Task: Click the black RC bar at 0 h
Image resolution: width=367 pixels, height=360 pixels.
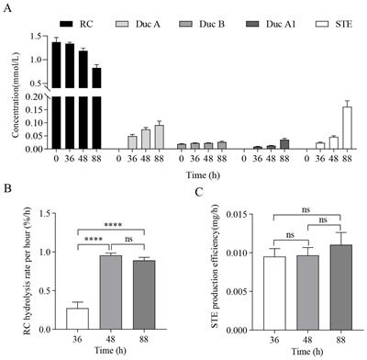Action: click(56, 92)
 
